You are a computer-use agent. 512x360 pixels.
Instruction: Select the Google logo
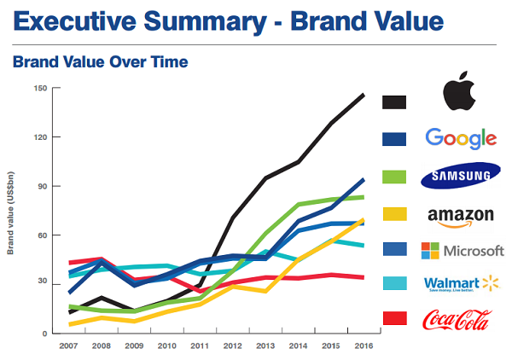460,138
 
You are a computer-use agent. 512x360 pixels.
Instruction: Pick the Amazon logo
460,215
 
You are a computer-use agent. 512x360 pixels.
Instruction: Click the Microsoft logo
460,251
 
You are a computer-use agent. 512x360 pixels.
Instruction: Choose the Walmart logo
460,284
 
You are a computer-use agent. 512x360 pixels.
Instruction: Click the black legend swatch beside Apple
393,102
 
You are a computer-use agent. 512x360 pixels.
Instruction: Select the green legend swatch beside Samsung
393,176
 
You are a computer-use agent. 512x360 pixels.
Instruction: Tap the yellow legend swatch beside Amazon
393,213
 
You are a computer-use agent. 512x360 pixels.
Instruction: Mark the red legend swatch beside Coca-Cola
393,318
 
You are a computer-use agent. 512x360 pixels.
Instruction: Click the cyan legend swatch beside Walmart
393,282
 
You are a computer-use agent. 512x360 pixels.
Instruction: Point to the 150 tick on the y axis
40,88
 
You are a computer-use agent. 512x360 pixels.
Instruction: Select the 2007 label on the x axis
69,347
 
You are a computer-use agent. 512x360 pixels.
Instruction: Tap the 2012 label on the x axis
233,347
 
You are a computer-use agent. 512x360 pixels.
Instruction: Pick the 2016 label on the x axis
364,347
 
